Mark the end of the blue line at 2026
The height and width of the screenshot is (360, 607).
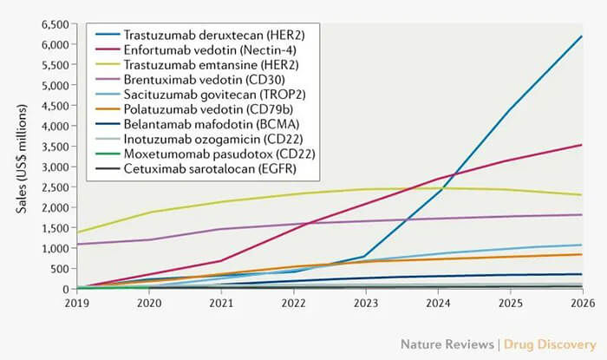[581, 36]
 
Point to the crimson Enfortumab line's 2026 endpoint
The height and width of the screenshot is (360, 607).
[581, 145]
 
